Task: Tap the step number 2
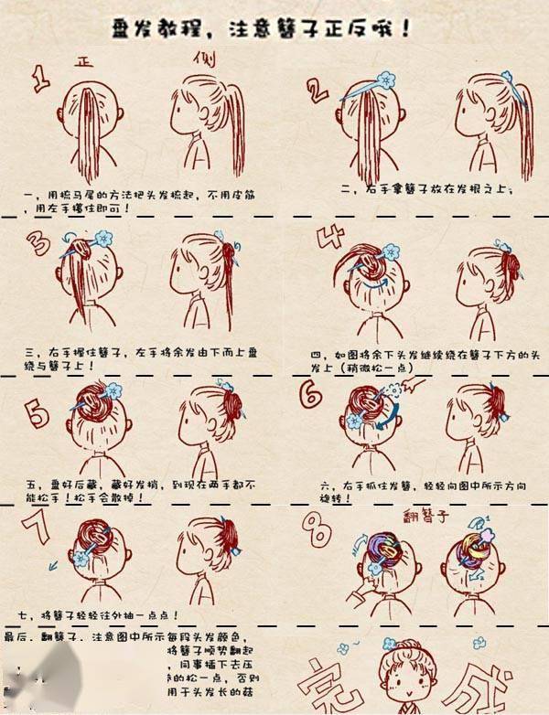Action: [317, 90]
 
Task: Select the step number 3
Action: [38, 246]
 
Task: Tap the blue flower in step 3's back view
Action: [102, 239]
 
